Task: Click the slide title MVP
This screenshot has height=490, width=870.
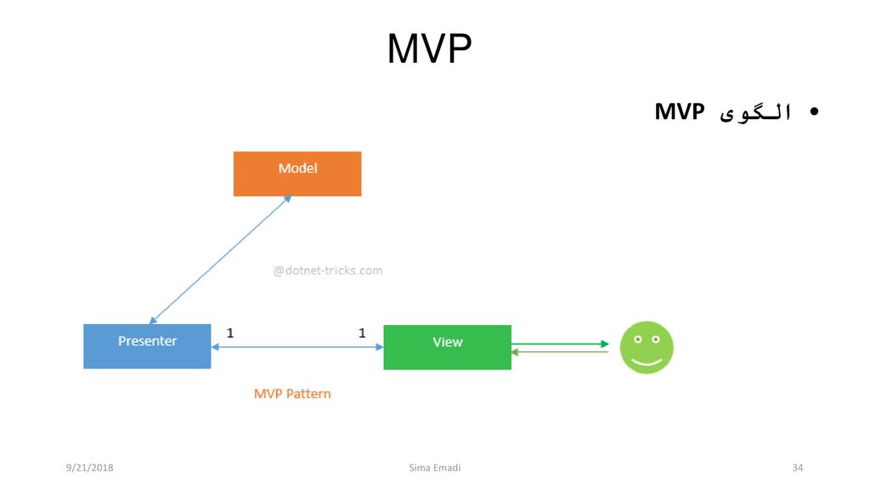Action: pos(429,48)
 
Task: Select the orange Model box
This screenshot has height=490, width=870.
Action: pos(297,174)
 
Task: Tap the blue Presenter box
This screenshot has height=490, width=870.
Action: pos(147,346)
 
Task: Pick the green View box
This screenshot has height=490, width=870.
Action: pos(447,347)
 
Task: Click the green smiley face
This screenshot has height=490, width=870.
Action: pos(647,347)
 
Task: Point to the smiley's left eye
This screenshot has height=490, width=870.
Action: pos(638,339)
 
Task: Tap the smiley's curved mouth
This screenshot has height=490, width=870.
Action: pos(647,362)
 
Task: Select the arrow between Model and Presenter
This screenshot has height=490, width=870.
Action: pos(220,259)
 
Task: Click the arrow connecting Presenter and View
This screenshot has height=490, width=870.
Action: pos(297,347)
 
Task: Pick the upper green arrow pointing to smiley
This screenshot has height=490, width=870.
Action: pos(560,344)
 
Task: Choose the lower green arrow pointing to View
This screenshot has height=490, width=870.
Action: pos(560,351)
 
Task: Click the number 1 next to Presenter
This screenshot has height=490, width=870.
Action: pos(230,333)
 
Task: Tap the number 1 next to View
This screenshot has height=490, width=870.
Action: pos(362,333)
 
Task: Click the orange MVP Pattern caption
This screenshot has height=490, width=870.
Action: pos(292,394)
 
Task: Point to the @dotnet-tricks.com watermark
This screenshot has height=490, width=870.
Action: pos(327,271)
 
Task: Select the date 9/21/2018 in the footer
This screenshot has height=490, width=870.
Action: pos(89,468)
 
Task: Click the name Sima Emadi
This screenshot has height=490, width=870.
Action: pos(435,468)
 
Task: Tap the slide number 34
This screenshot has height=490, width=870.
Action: pos(797,468)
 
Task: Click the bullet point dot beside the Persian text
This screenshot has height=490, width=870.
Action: pos(814,111)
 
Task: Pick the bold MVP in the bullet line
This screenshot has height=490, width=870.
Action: pos(680,111)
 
